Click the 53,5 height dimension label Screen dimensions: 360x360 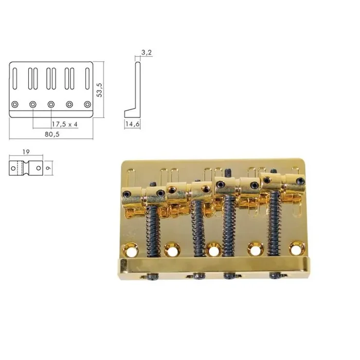[101, 88]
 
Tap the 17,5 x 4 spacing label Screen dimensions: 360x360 [64, 124]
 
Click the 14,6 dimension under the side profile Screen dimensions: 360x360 [132, 124]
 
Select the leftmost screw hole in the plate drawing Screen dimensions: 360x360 [15, 104]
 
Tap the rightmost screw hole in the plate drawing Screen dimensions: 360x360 [87, 104]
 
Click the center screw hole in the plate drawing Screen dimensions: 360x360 [51, 104]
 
